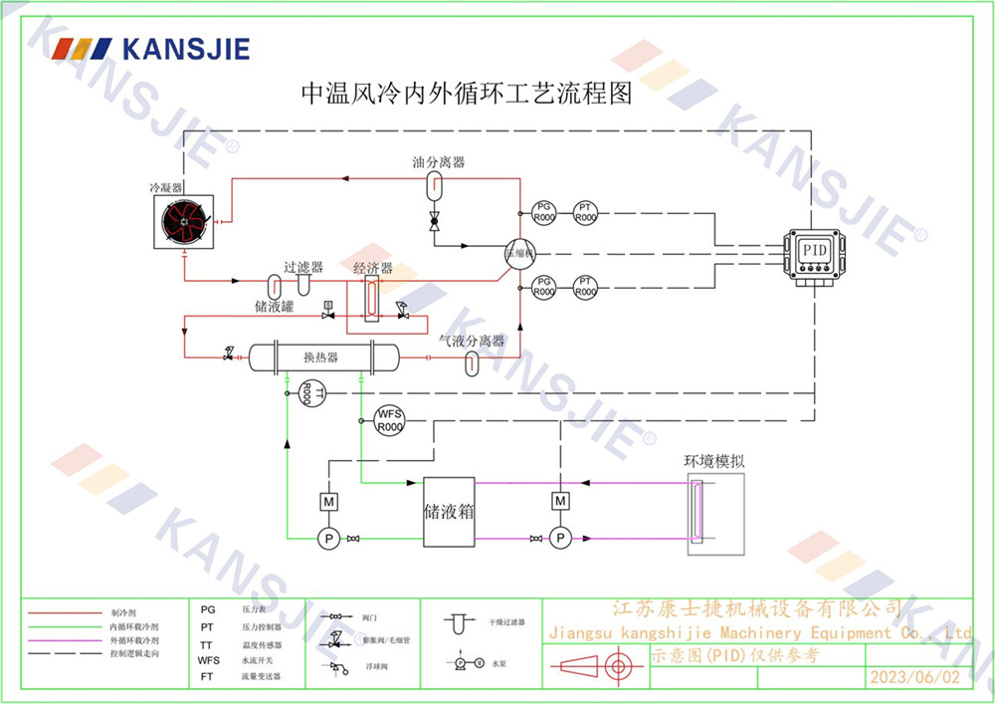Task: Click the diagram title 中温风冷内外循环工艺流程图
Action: [467, 95]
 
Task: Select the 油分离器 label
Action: [439, 162]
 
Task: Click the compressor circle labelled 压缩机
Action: [518, 252]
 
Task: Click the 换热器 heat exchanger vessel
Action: [321, 356]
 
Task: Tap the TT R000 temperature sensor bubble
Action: [306, 394]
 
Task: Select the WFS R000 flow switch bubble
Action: [389, 420]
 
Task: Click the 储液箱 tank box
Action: [449, 512]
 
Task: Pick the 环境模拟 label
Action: [714, 461]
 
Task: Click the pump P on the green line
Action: [327, 539]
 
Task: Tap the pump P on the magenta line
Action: [560, 539]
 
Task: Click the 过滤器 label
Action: [303, 267]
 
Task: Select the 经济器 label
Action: [372, 268]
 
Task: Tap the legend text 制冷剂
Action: [121, 611]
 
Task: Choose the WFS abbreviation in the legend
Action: [209, 659]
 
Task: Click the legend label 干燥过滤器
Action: [505, 621]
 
